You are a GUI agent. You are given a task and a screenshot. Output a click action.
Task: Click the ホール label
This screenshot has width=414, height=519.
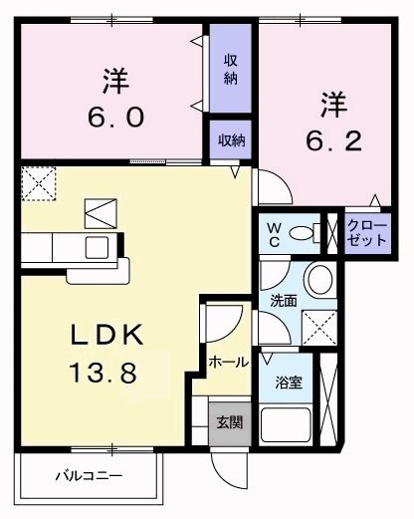[228, 364]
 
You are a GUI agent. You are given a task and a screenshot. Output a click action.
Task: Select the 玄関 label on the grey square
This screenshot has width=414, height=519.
[228, 422]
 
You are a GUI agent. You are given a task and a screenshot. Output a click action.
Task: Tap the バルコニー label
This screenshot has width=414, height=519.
[89, 476]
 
